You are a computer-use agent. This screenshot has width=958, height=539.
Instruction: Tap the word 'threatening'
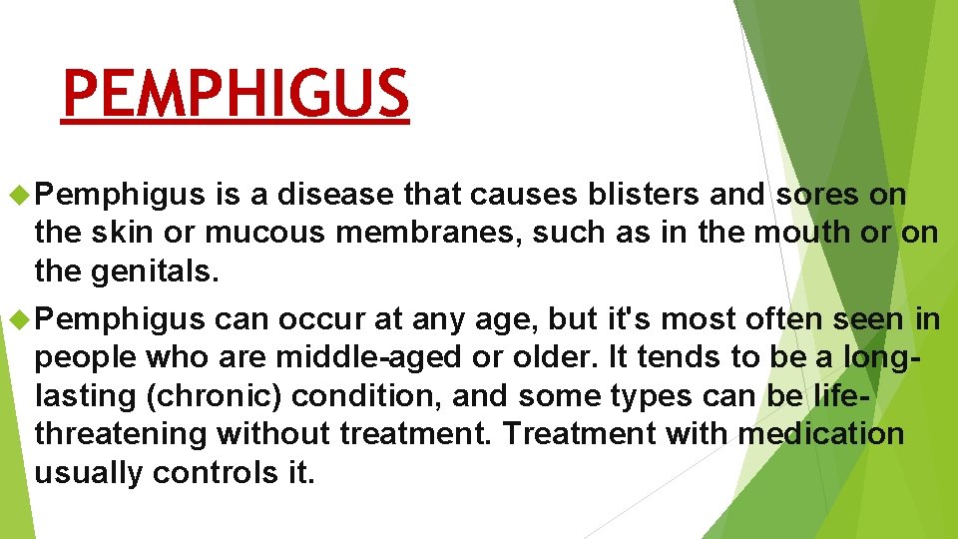tap(121, 434)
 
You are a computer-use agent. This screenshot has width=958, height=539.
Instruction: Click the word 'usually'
tap(88, 472)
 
